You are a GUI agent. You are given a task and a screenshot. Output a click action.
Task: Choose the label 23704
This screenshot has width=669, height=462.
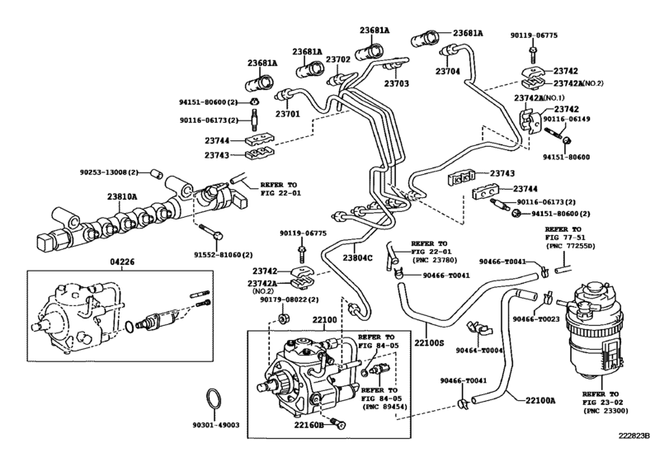pyautogui.click(x=449, y=73)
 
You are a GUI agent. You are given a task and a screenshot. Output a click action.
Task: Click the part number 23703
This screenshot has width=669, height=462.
pyautogui.click(x=396, y=83)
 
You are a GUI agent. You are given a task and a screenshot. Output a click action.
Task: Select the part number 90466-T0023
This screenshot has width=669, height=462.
pyautogui.click(x=535, y=318)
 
